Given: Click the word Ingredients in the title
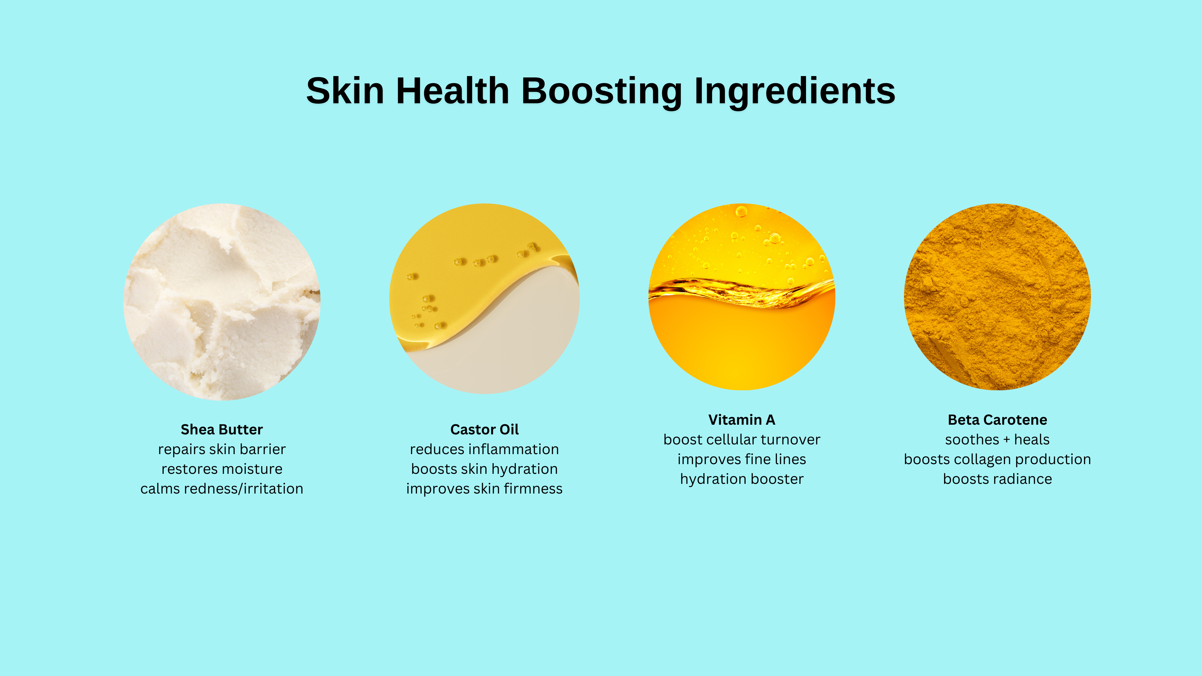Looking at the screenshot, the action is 795,92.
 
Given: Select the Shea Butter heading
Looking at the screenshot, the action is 222,429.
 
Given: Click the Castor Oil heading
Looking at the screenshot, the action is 484,429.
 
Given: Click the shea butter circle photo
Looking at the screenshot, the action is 222,302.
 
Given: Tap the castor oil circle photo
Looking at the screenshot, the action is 484,299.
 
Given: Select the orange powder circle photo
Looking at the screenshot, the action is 998,297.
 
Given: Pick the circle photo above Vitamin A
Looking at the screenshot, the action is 742,297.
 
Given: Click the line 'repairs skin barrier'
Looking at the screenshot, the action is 222,449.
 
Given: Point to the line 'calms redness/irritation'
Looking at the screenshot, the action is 222,489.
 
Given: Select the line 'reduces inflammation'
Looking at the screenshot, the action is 484,449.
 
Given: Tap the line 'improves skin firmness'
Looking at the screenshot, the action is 484,489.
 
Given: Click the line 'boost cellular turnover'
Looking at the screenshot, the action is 742,439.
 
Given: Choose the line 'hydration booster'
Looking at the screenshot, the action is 742,479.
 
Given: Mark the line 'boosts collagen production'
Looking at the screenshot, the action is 998,459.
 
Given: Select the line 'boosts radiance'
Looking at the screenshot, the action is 998,479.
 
